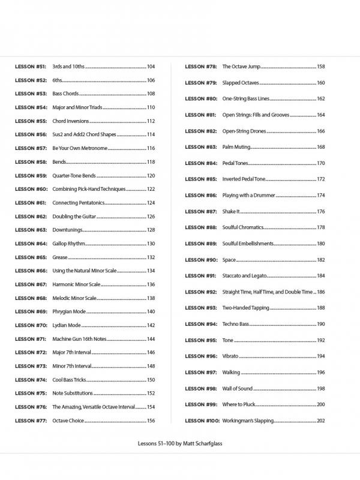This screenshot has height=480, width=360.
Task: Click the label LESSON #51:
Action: point(31,67)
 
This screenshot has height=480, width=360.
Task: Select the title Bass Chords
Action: point(65,94)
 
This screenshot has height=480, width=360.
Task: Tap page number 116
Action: point(151,148)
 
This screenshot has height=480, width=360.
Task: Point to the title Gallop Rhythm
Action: point(68,244)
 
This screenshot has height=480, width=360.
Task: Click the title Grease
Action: point(60,257)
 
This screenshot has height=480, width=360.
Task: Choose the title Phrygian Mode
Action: point(70,311)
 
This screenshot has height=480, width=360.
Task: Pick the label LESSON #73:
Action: point(31,366)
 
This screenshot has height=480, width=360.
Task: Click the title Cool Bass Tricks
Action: point(70,380)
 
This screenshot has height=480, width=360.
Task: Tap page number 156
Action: point(151,421)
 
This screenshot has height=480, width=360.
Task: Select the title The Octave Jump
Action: point(241,67)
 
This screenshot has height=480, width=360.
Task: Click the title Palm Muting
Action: point(236,147)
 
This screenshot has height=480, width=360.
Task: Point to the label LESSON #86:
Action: point(201,196)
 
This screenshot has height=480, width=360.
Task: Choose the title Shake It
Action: point(231,212)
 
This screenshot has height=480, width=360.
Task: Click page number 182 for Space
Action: point(320,260)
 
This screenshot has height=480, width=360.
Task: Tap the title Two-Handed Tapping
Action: point(245,308)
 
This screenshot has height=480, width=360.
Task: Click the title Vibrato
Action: point(231,356)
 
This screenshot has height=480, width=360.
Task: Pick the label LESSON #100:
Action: point(202,421)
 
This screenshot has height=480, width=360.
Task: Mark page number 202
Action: point(320,421)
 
